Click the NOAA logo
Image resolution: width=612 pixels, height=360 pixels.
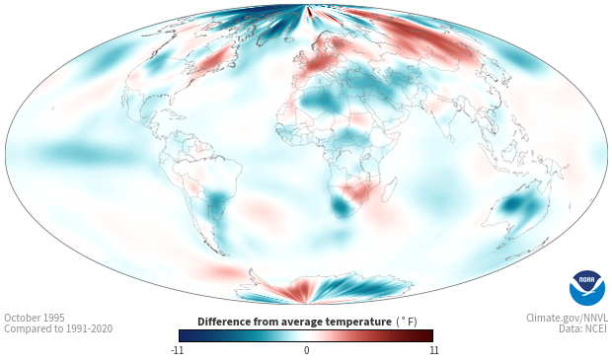point(586,288)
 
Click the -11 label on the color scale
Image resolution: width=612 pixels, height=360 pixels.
point(177,350)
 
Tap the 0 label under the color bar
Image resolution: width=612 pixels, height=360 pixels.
point(306,350)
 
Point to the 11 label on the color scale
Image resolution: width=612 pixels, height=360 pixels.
point(434,350)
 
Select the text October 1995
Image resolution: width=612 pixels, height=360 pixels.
point(35,318)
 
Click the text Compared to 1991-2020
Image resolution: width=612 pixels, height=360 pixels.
point(58,328)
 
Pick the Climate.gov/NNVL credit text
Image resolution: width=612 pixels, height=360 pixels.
point(567,318)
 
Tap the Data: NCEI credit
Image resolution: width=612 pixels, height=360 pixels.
point(583,328)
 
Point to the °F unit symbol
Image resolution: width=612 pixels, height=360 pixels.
point(407,322)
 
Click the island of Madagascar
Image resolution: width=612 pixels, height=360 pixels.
point(390,189)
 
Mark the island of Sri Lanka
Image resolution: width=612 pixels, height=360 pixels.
point(451,138)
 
